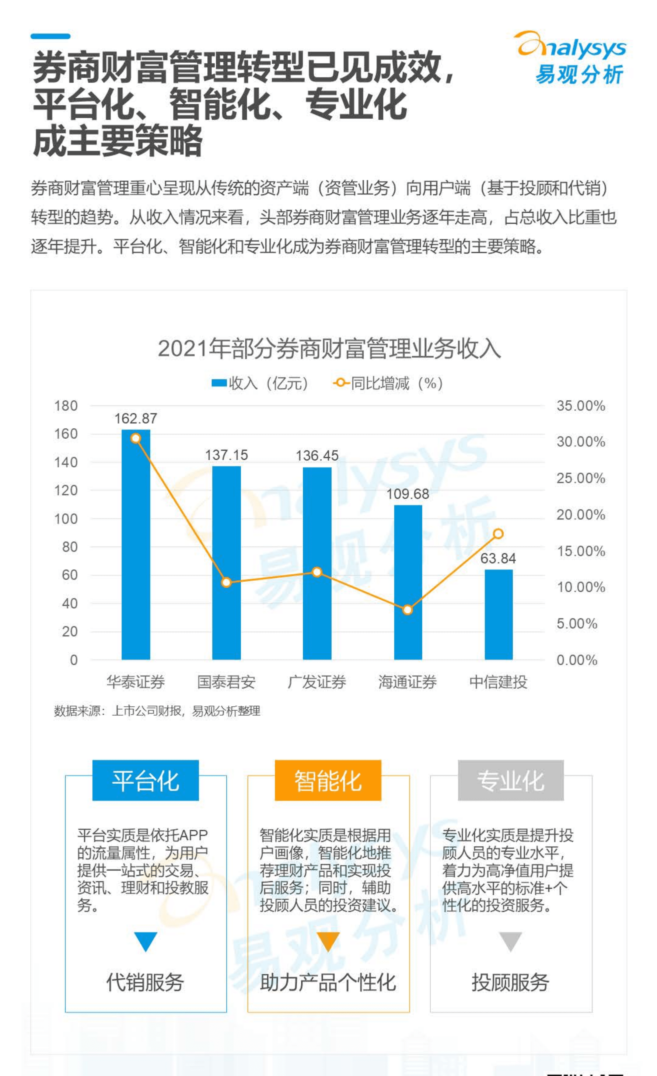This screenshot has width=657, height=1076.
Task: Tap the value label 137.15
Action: [x=226, y=455]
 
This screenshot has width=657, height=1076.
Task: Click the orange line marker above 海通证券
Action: [x=407, y=610]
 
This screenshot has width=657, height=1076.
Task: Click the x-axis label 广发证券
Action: [x=317, y=682]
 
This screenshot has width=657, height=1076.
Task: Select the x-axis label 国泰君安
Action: [x=226, y=682]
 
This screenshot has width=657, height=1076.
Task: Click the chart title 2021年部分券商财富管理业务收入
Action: [x=329, y=349]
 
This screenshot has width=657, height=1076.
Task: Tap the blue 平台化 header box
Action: [x=145, y=780]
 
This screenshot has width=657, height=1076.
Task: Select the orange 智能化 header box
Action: [x=328, y=780]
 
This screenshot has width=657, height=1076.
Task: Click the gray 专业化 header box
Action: [x=510, y=780]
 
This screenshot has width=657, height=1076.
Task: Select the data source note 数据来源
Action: [x=157, y=711]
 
